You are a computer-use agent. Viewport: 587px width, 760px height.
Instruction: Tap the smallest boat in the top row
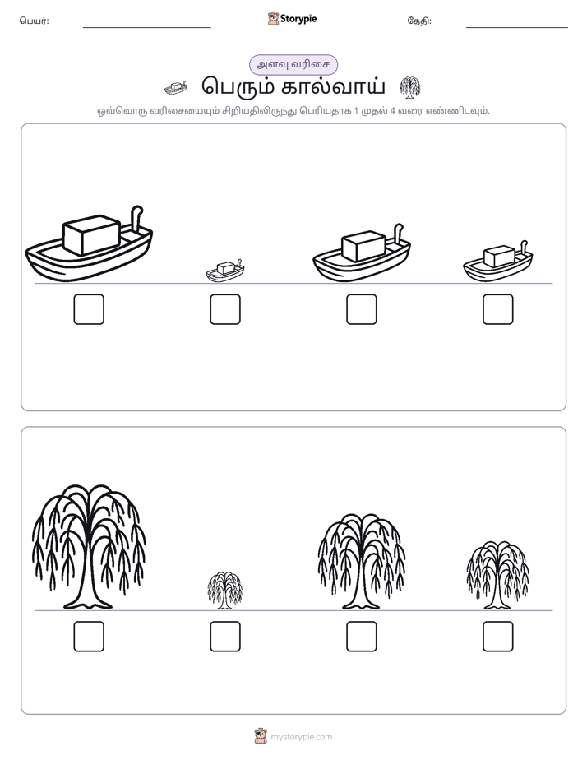pyautogui.click(x=224, y=271)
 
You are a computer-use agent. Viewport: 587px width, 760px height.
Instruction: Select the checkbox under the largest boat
pyautogui.click(x=89, y=309)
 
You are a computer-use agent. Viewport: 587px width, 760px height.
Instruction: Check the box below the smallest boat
pyautogui.click(x=225, y=309)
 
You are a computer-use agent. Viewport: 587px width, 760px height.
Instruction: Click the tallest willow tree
pyautogui.click(x=89, y=547)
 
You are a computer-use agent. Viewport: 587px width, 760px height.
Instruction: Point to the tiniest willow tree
pyautogui.click(x=224, y=591)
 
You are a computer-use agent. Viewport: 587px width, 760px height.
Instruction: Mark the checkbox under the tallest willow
pyautogui.click(x=89, y=637)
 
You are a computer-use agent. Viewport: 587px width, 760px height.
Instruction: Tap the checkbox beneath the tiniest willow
pyautogui.click(x=225, y=637)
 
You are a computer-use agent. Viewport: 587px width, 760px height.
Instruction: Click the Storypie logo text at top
pyautogui.click(x=298, y=19)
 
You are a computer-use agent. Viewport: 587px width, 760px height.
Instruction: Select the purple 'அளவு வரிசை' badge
pyautogui.click(x=293, y=64)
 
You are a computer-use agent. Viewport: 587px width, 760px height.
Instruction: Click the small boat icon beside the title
pyautogui.click(x=176, y=88)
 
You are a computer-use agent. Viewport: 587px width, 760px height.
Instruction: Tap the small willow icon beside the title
pyautogui.click(x=410, y=88)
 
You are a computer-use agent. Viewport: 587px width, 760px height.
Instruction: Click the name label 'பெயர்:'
pyautogui.click(x=34, y=21)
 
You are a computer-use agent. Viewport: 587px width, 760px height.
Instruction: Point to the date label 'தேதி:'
pyautogui.click(x=419, y=21)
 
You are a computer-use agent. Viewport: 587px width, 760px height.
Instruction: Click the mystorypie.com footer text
pyautogui.click(x=301, y=737)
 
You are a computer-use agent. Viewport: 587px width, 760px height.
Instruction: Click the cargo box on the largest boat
pyautogui.click(x=91, y=234)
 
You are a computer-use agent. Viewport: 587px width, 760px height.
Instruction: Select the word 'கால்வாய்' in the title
pyautogui.click(x=333, y=87)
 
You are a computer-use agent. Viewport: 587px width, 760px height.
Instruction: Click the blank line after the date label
pyautogui.click(x=517, y=28)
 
